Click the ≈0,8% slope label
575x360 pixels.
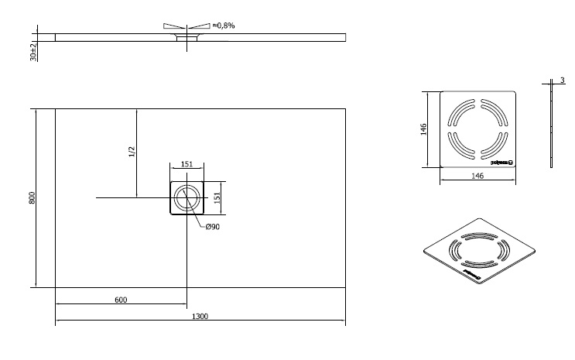coord(224,26)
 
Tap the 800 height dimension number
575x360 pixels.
coord(32,198)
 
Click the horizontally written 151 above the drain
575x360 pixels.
coord(187,163)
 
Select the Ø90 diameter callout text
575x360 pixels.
coord(213,226)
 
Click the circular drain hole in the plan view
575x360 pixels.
coord(186,198)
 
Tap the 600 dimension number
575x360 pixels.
coord(120,299)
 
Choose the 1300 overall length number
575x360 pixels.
coord(200,317)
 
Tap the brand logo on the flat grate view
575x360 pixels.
coord(501,161)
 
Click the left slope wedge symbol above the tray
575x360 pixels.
coord(175,26)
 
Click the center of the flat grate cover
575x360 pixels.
coord(477,129)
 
